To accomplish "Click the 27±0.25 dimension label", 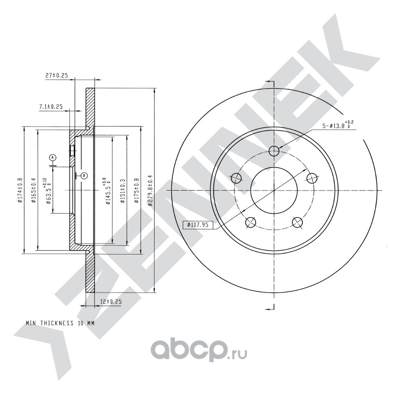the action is click(57, 75).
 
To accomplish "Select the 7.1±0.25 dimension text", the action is click(51, 107).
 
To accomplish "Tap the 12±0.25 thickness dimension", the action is click(111, 302).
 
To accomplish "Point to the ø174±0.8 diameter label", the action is click(20, 190).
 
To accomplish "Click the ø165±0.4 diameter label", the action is click(33, 190).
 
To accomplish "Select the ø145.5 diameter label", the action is click(106, 191).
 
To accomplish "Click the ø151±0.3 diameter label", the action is click(123, 191).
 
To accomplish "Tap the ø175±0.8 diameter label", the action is click(137, 190).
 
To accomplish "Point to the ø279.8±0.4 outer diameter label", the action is click(150, 191).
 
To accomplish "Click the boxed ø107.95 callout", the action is click(198, 225).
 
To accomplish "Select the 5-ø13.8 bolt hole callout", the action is click(338, 125).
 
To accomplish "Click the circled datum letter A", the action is click(53, 158).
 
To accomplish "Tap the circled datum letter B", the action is click(84, 175).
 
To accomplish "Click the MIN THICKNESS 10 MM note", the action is click(60, 323).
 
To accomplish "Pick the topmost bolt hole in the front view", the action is click(274, 151).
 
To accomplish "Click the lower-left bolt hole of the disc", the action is click(250, 223).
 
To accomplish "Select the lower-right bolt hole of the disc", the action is click(297, 223).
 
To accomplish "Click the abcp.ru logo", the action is click(198, 350).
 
